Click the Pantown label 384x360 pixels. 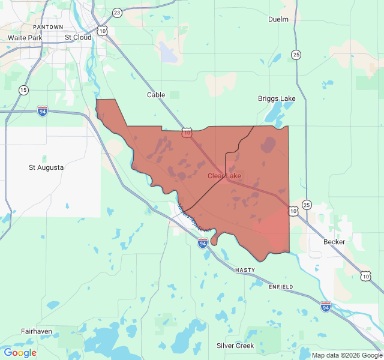[48, 27]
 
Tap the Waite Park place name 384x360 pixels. [25, 37]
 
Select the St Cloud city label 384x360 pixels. [78, 37]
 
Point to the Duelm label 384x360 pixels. [278, 19]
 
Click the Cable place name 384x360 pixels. [156, 95]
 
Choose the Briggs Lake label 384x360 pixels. [277, 98]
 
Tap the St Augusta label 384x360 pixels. [46, 167]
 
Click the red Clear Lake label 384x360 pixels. [224, 176]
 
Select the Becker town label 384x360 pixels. [334, 242]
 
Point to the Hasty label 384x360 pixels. [245, 270]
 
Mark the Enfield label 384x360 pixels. [281, 287]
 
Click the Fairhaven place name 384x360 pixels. [37, 331]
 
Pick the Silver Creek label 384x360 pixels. [235, 346]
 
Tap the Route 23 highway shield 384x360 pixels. [117, 13]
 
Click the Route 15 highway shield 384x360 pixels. [23, 90]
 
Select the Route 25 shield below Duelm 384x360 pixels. [296, 55]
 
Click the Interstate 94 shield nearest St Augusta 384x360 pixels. [42, 112]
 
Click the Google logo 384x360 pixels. [20, 353]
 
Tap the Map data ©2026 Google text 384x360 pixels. [346, 355]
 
